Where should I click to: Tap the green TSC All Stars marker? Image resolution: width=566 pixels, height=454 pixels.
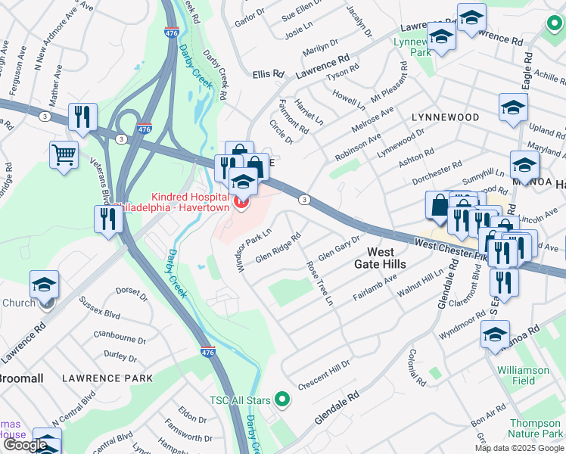pyautogui.click(x=282, y=398)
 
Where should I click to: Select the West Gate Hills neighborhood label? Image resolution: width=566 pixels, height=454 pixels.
pyautogui.click(x=380, y=257)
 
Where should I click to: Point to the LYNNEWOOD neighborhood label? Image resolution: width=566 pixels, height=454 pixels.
pyautogui.click(x=445, y=117)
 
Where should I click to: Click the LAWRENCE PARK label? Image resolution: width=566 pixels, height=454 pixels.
pyautogui.click(x=107, y=378)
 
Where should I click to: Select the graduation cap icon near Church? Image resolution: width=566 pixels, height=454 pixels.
pyautogui.click(x=45, y=285)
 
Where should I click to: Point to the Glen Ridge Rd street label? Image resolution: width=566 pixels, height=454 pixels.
pyautogui.click(x=278, y=247)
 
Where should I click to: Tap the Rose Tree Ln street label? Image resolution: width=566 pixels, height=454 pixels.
pyautogui.click(x=319, y=284)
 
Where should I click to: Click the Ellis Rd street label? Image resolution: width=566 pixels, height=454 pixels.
pyautogui.click(x=268, y=74)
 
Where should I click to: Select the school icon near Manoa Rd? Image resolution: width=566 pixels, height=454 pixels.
pyautogui.click(x=495, y=334)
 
